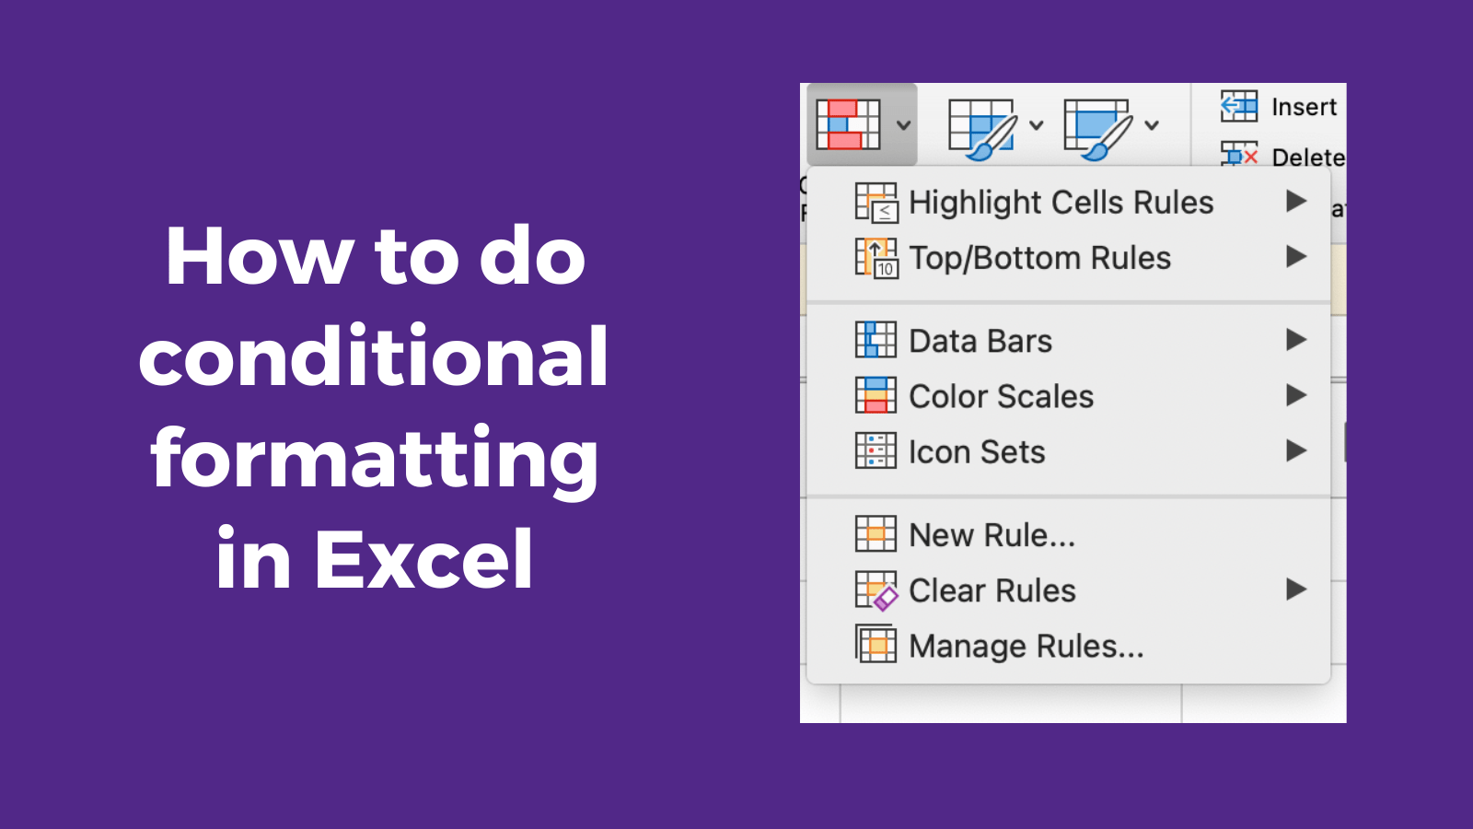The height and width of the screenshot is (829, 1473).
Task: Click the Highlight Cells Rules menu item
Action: pyautogui.click(x=1061, y=203)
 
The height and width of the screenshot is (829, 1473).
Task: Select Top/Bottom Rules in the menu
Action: pyautogui.click(x=1039, y=258)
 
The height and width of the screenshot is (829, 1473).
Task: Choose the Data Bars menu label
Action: pyautogui.click(x=980, y=341)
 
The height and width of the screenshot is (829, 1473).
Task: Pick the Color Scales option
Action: pyautogui.click(x=1001, y=396)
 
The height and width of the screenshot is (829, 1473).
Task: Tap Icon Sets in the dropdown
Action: pyautogui.click(x=977, y=452)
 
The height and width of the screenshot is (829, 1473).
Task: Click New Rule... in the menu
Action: pyautogui.click(x=992, y=535)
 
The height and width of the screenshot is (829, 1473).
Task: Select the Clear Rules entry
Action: pyautogui.click(x=992, y=590)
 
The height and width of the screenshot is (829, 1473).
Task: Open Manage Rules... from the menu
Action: pyautogui.click(x=1026, y=647)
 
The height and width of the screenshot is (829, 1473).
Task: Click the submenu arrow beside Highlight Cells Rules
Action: pyautogui.click(x=1296, y=201)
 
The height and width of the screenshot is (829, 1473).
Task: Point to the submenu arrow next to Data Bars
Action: pyautogui.click(x=1296, y=340)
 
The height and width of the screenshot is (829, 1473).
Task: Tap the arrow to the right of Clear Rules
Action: pyautogui.click(x=1296, y=590)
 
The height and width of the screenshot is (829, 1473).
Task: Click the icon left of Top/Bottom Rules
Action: pyautogui.click(x=876, y=258)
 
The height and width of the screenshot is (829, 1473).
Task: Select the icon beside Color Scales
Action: pyautogui.click(x=876, y=396)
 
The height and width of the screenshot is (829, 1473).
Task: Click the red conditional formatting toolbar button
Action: pyautogui.click(x=848, y=124)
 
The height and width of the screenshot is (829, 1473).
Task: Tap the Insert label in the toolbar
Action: pyautogui.click(x=1304, y=108)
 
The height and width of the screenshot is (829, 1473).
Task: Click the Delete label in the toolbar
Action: pyautogui.click(x=1307, y=158)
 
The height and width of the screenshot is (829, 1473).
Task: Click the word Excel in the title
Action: pyautogui.click(x=423, y=559)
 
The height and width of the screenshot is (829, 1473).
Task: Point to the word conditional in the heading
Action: pyautogui.click(x=373, y=356)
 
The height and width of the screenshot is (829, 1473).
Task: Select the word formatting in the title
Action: pyautogui.click(x=375, y=459)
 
